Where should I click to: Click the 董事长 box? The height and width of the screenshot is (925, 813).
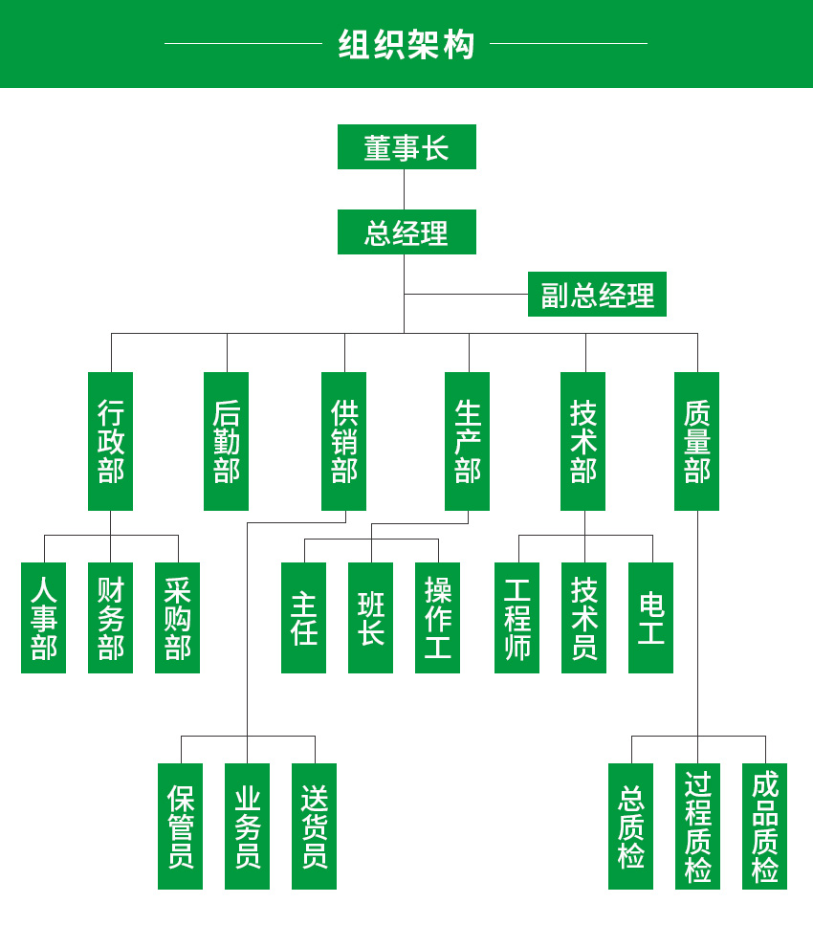406,147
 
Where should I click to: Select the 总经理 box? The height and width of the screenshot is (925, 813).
406,232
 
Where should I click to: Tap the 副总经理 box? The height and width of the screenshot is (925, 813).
597,295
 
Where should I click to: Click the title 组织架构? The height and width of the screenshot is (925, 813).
406,44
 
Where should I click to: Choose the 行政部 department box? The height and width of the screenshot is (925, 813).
110,441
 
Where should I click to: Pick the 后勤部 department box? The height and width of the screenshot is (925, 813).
226,441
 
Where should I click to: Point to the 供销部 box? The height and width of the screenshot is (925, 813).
343,441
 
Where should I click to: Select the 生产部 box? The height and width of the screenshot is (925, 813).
467,441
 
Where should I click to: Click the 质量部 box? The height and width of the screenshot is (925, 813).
696,441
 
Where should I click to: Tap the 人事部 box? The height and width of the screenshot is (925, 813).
44,618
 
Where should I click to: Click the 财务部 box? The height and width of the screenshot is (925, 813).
110,618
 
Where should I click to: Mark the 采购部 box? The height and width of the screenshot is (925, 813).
177,618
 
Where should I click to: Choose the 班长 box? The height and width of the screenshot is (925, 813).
370,618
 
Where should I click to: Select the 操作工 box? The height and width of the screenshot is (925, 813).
437,618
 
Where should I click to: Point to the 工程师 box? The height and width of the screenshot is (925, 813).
516,618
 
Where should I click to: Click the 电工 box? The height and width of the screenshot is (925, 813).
650,618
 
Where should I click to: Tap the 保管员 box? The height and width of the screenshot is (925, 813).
180,826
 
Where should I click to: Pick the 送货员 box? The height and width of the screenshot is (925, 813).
314,826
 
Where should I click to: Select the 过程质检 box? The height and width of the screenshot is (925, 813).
697,826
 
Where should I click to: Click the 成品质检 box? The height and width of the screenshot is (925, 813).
764,826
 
